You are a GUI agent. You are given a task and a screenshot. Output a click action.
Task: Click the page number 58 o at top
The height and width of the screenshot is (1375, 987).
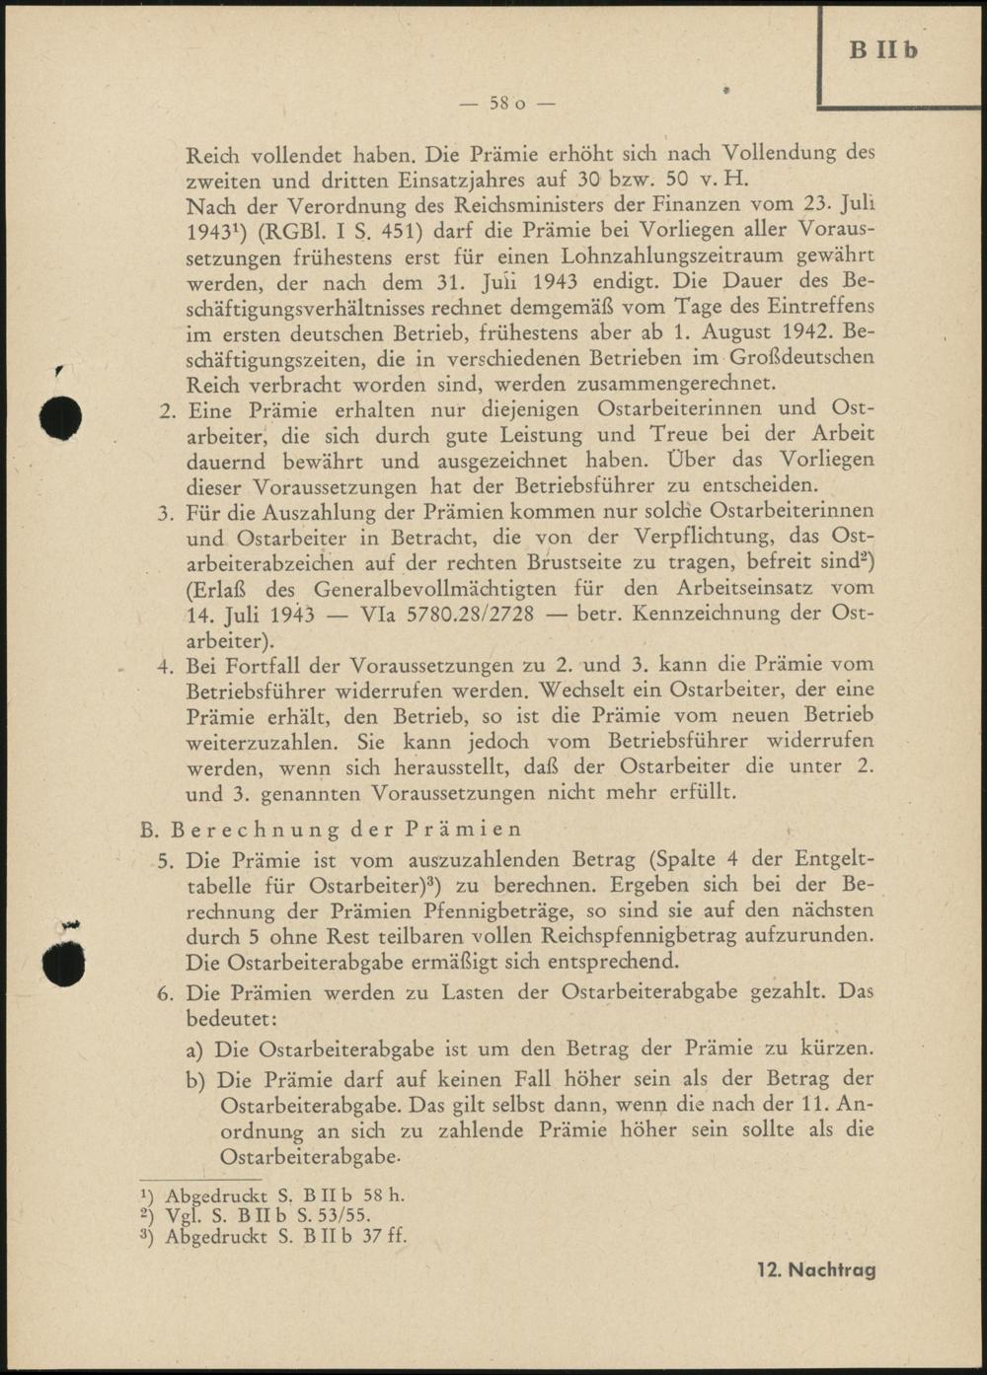pos(507,103)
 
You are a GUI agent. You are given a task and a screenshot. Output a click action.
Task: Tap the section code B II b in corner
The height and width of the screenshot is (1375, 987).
pos(883,49)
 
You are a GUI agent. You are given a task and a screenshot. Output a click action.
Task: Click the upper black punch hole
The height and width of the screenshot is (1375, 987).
pos(60,417)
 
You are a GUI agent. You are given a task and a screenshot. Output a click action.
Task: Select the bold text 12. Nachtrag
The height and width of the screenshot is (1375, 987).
pos(816,1269)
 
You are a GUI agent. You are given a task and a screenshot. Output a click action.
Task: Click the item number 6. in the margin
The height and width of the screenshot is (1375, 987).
pos(166,993)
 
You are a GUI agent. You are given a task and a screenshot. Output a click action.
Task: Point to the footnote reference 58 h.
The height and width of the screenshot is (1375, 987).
pos(383,1194)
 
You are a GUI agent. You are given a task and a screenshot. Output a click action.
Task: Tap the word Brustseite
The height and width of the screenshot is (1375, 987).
pos(573,563)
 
